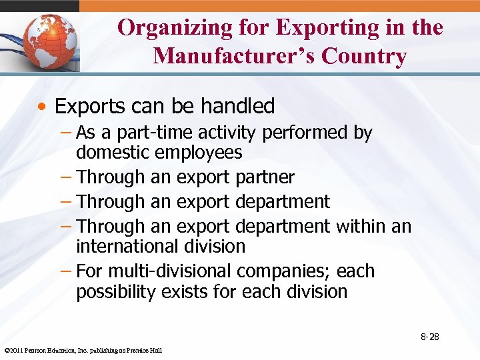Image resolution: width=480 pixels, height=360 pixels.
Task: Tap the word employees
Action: point(198,153)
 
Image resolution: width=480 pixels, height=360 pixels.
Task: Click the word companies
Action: point(287,272)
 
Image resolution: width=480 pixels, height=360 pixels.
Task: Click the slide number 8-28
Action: point(429,337)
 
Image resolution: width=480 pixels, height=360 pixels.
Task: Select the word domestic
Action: point(113,153)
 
